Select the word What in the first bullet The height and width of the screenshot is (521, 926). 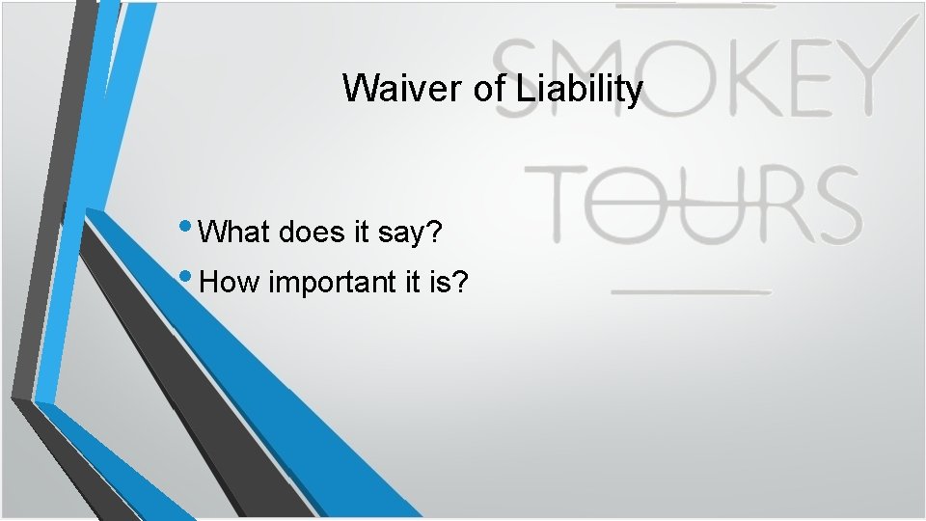[x=238, y=233]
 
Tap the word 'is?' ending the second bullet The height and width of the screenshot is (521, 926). [x=450, y=283]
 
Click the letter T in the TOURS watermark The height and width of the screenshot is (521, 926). [x=558, y=205]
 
